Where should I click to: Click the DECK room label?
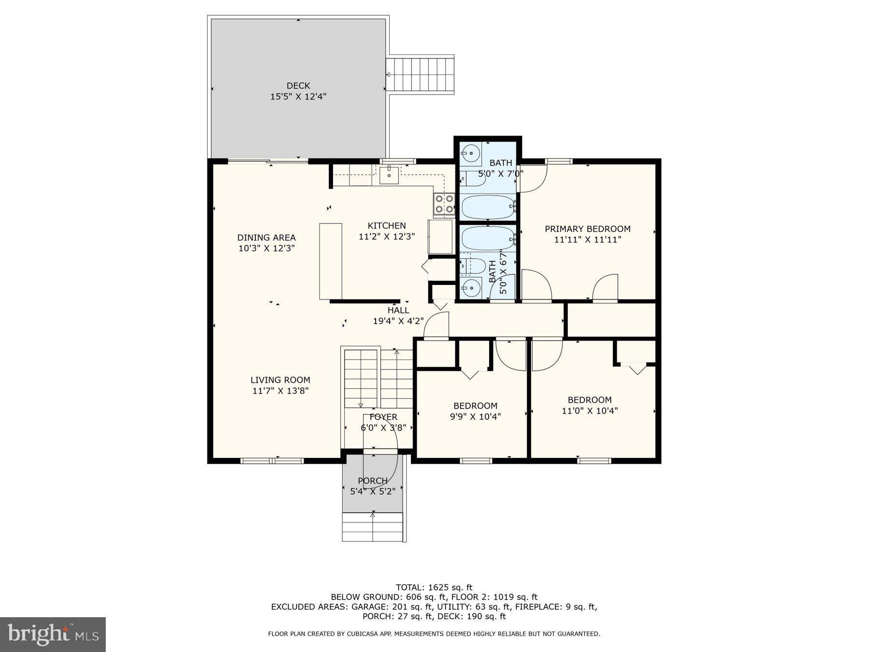tap(298, 86)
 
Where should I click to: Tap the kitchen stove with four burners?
tap(444, 203)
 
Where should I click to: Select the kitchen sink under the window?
tap(389, 175)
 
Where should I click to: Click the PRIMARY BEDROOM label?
tap(588, 229)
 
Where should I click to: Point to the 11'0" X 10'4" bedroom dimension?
tap(589, 411)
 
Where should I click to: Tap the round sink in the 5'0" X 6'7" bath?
tap(470, 288)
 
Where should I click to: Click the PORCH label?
tap(372, 481)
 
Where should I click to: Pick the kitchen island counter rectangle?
tap(331, 261)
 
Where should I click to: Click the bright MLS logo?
tap(53, 634)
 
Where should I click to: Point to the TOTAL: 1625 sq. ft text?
tap(434, 587)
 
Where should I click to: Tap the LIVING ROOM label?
tap(280, 380)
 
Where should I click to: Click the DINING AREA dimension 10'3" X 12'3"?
tap(266, 248)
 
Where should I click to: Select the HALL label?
tap(398, 311)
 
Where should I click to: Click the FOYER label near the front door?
tap(383, 417)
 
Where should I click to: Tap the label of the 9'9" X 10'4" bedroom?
tap(475, 406)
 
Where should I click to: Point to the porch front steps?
tap(372, 527)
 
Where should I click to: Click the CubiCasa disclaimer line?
tap(434, 634)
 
